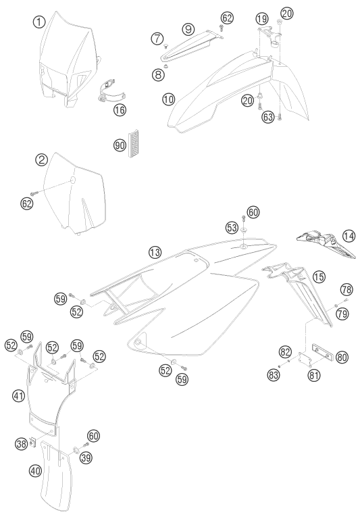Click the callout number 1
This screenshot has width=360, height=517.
(39, 22)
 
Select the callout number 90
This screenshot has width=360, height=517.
(120, 145)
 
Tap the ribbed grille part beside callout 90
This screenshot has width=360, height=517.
(133, 143)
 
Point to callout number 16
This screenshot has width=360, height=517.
(120, 109)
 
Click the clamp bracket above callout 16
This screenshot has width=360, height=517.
(111, 93)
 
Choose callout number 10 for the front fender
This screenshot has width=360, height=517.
(169, 99)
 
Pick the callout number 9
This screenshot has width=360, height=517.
(188, 29)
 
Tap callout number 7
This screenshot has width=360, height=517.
(157, 39)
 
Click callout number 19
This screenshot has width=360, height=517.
(262, 18)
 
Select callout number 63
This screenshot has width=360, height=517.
(268, 116)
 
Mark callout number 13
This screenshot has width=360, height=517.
(155, 253)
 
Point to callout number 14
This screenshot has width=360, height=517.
(349, 236)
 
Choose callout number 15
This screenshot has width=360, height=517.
(319, 276)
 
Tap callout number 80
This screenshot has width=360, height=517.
(342, 357)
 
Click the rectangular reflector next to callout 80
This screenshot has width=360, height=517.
(322, 351)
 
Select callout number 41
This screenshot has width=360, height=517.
(19, 395)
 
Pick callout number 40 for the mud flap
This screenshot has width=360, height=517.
(35, 470)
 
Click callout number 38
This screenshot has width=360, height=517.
(21, 444)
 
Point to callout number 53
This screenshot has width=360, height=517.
(232, 227)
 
